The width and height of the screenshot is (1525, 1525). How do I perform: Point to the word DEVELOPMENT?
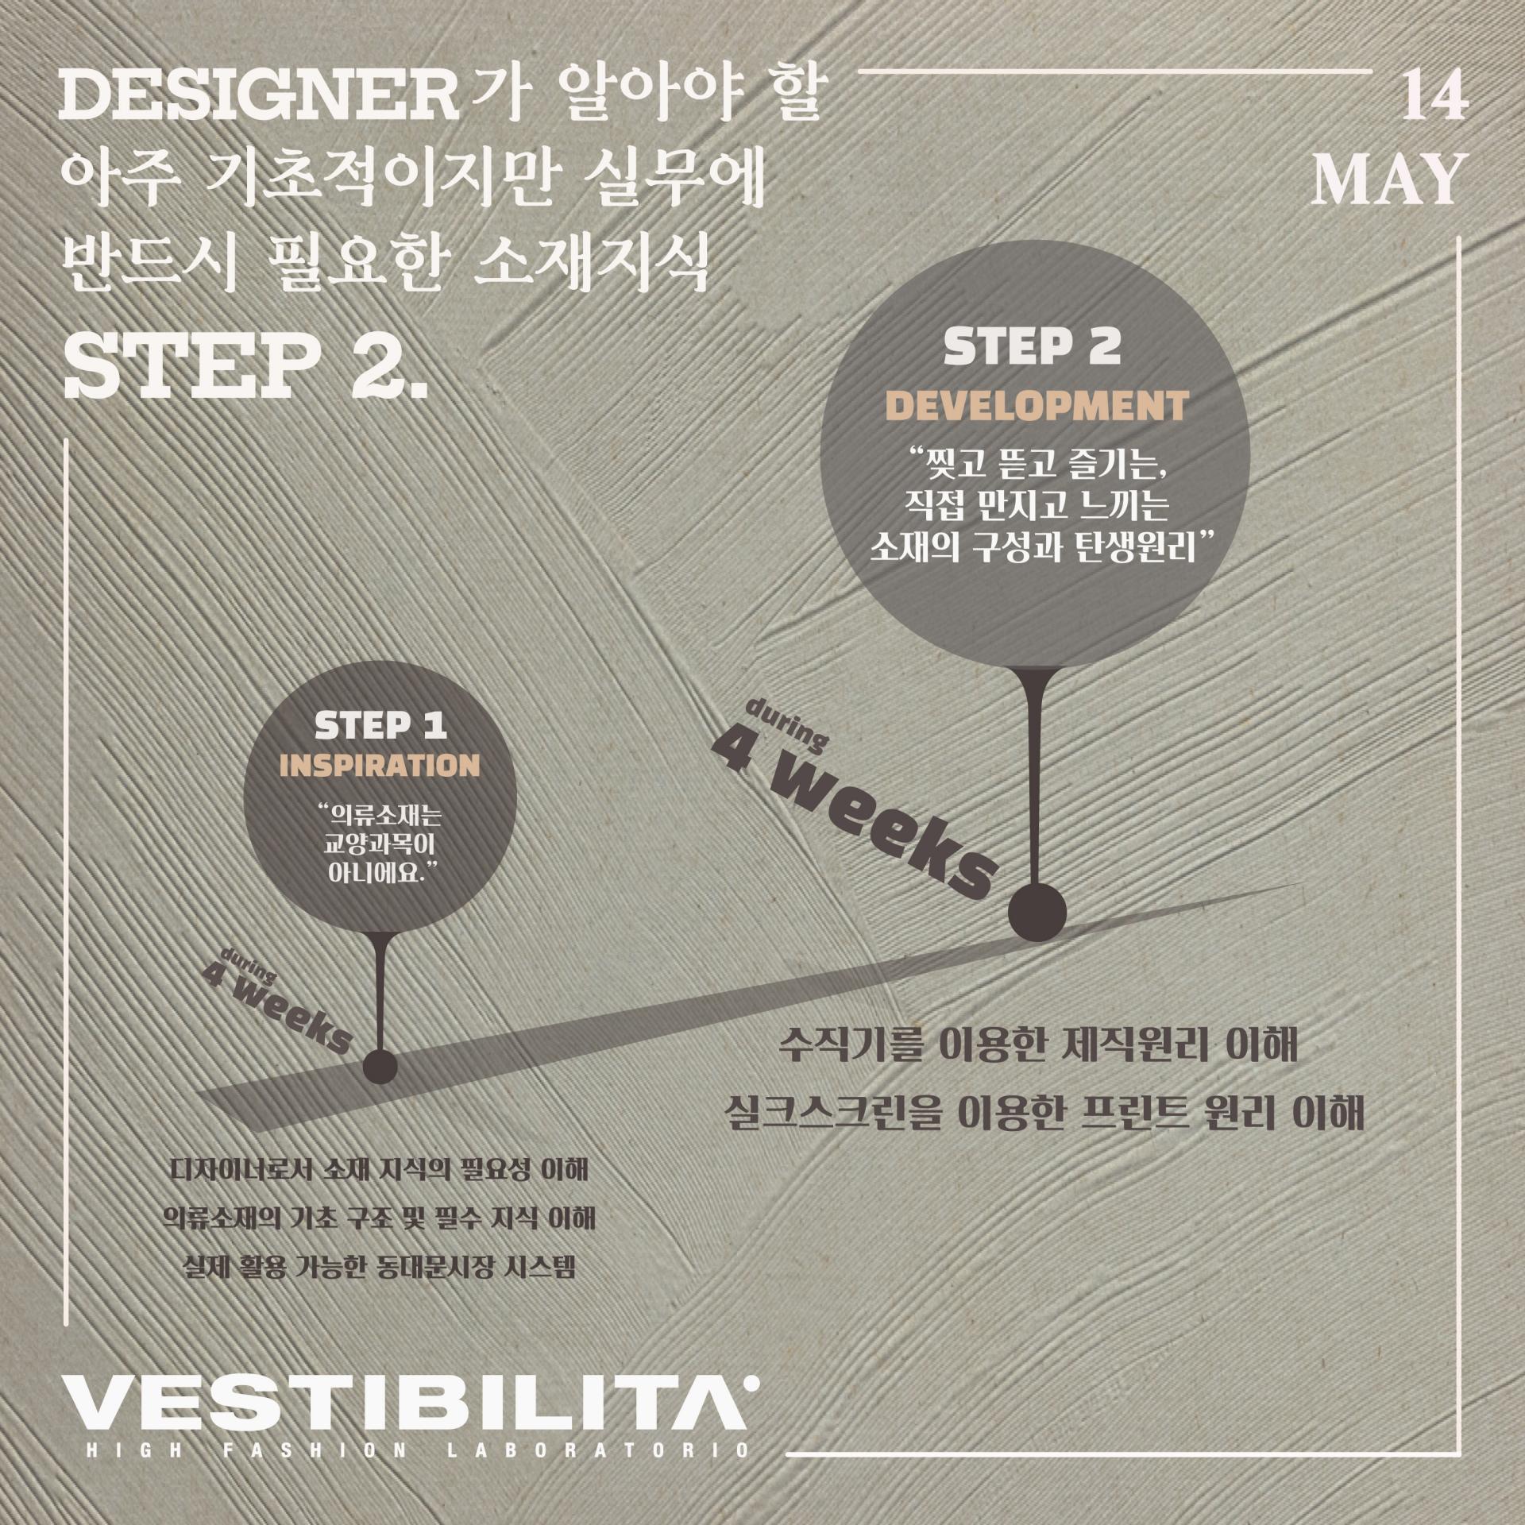point(1037,406)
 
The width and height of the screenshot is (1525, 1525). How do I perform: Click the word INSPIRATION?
point(382,764)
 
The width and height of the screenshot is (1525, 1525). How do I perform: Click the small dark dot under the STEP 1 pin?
point(380,1065)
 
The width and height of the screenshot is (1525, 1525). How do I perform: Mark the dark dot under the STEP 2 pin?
point(1037,913)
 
